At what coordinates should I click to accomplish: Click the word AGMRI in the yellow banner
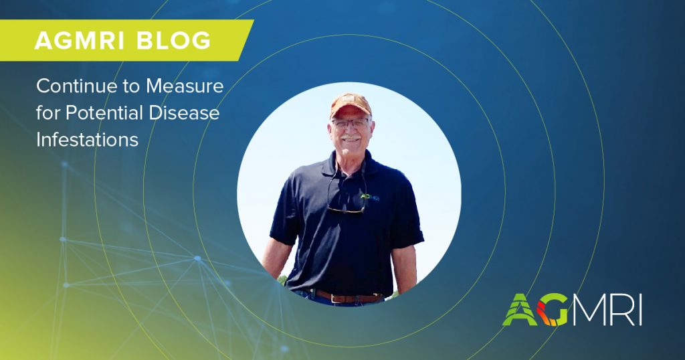tap(80, 41)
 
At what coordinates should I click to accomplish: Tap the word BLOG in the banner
tap(174, 41)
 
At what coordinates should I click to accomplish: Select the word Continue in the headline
tap(77, 86)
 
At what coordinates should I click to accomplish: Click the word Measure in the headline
tap(185, 86)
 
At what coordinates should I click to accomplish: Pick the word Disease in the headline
tap(184, 113)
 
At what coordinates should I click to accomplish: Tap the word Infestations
tap(88, 140)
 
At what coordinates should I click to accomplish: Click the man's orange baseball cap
tap(351, 105)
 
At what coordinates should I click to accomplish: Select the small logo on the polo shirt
tap(369, 197)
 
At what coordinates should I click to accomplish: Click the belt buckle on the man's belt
tap(337, 298)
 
